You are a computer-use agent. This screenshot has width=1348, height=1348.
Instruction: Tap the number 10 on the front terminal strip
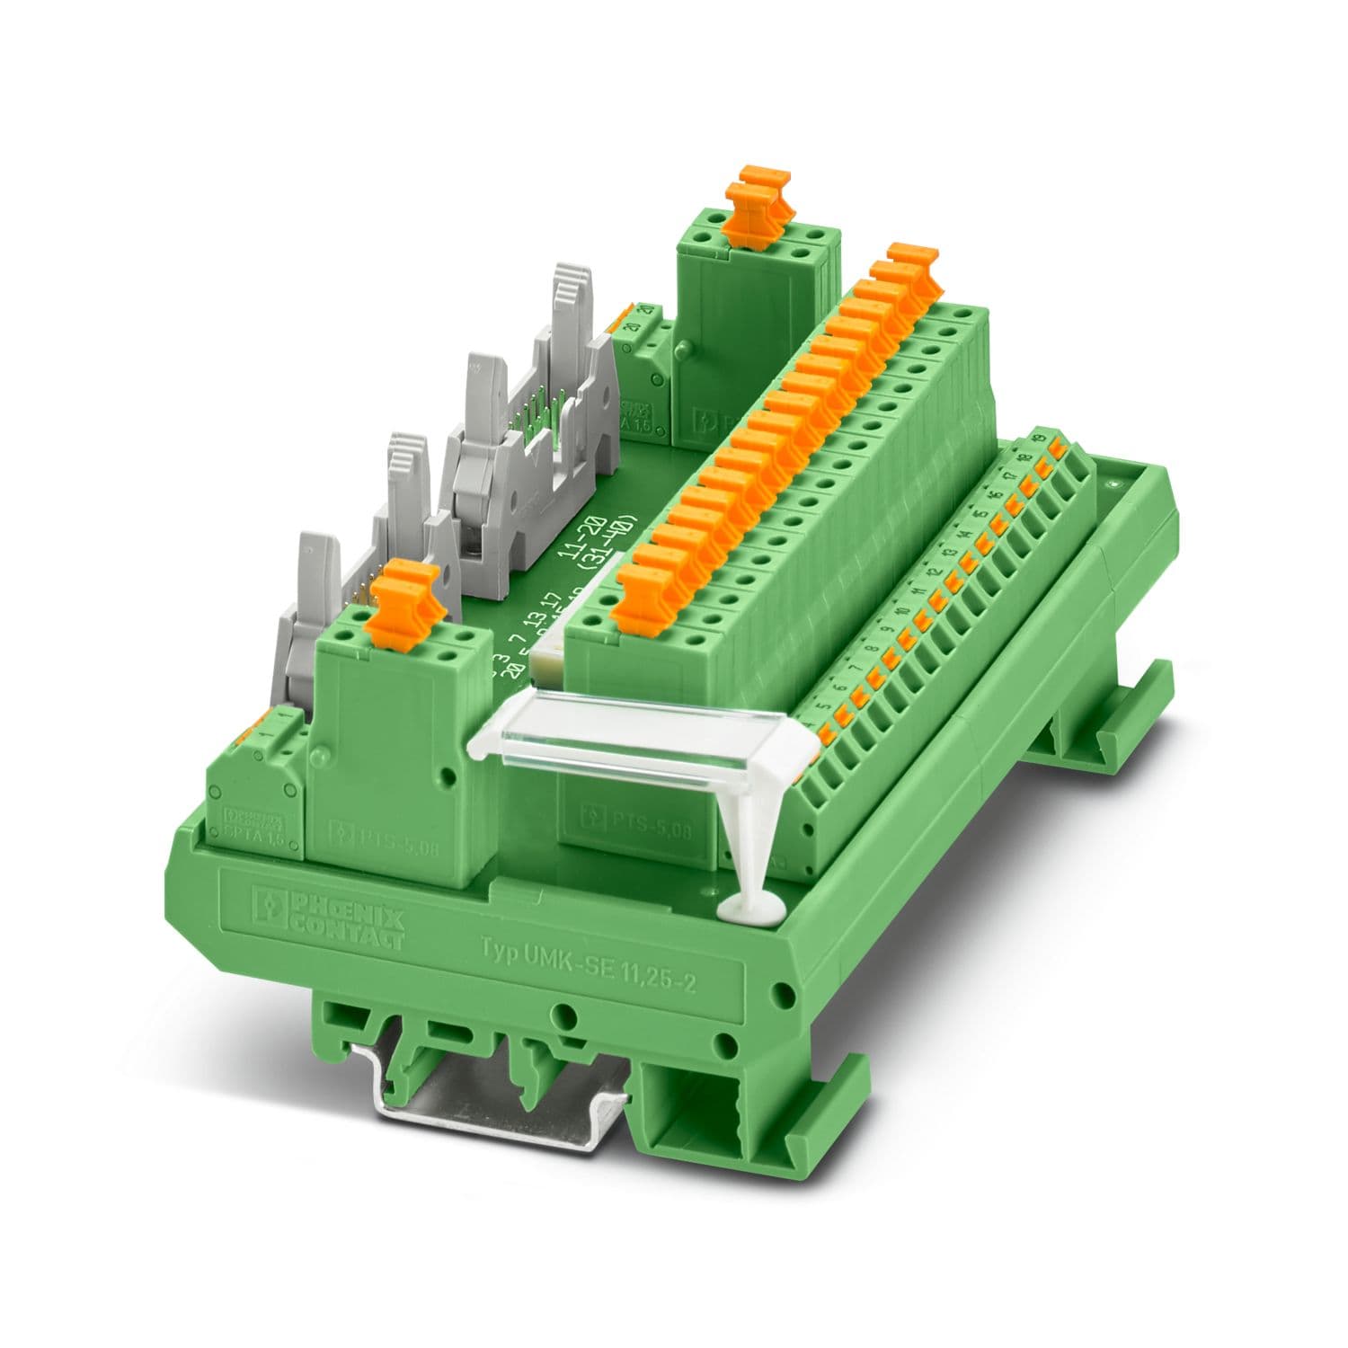(x=901, y=613)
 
